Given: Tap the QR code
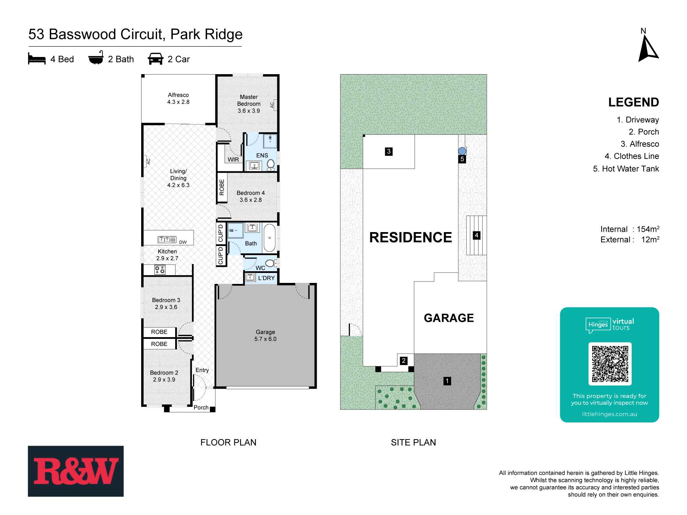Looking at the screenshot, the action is (x=610, y=364).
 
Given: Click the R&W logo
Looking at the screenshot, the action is (x=76, y=471).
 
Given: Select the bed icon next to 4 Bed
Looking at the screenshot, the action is (x=37, y=59).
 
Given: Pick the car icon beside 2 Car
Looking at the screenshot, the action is (x=156, y=59).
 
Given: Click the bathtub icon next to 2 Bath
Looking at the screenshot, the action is (x=96, y=59).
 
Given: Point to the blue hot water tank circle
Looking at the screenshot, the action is (x=462, y=151).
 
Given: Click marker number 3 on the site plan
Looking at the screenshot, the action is (x=389, y=151).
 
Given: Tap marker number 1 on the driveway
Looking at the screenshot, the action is (x=447, y=381).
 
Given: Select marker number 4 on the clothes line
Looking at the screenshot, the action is (x=476, y=235).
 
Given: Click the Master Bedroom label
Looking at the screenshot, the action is (x=249, y=100).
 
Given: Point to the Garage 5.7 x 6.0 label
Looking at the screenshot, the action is (x=265, y=335).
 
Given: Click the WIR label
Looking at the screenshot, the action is (x=233, y=159).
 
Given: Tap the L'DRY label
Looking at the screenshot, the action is (x=266, y=278).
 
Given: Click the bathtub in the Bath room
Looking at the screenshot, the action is (x=270, y=238).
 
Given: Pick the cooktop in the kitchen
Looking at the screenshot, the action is (x=160, y=270).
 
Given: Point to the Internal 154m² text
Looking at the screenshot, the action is (x=630, y=229).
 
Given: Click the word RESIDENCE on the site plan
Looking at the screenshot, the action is (x=410, y=237).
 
